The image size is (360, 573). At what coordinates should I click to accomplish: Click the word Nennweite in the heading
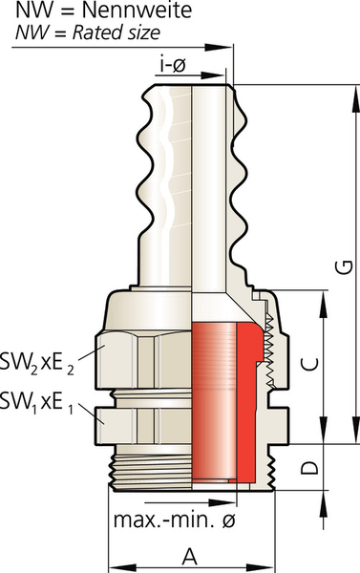click(x=137, y=11)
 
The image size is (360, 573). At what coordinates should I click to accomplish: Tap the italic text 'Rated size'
click(x=116, y=32)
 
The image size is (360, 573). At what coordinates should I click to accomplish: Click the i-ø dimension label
click(x=173, y=65)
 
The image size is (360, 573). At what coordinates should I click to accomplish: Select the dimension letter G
click(x=345, y=266)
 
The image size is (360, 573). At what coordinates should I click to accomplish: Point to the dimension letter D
click(x=309, y=467)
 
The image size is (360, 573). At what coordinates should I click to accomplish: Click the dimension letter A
click(x=190, y=557)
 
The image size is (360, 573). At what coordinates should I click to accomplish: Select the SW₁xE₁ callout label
click(x=36, y=402)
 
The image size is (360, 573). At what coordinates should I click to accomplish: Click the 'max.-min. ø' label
click(x=175, y=520)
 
